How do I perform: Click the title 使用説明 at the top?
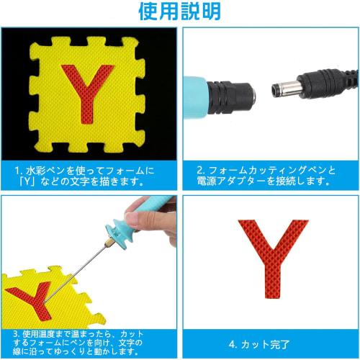(181, 12)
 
